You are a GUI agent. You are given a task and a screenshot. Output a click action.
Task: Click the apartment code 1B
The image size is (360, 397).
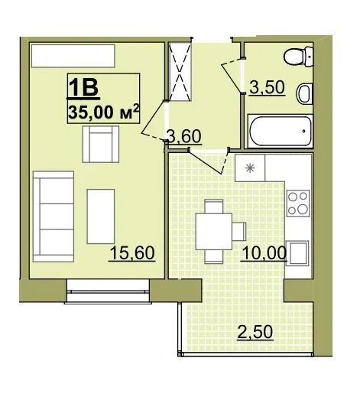tap(83, 87)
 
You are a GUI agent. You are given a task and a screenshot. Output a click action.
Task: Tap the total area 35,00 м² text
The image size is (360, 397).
tap(103, 112)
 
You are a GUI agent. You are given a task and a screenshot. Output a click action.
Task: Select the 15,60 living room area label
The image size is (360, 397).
tap(132, 252)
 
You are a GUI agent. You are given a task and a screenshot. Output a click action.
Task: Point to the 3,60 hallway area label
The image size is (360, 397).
tap(184, 136)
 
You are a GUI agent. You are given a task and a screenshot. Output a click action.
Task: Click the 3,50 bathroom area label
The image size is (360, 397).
tap(267, 87)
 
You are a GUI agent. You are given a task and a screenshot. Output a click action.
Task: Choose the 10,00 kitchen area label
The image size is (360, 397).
tap(264, 253)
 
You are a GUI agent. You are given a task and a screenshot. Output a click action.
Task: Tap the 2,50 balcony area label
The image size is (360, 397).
tap(255, 332)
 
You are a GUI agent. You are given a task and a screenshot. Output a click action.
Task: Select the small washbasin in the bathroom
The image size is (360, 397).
tap(304, 93)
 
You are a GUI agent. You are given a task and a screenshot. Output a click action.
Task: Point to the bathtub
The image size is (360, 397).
tap(281, 131)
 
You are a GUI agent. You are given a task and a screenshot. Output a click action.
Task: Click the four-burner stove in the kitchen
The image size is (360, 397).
tap(298, 203)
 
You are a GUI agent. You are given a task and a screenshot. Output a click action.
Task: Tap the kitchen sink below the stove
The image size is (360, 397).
tap(297, 253)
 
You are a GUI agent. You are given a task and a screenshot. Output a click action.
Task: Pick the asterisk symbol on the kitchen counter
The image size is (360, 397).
tap(250, 168)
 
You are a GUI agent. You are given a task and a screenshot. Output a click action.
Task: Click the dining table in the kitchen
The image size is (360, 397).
tap(214, 232)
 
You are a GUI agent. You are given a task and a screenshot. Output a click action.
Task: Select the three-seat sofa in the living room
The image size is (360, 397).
tap(54, 216)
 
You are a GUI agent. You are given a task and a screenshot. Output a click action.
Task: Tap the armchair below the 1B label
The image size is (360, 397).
tap(101, 144)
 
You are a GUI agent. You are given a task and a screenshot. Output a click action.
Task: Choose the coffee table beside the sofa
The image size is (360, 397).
tap(101, 216)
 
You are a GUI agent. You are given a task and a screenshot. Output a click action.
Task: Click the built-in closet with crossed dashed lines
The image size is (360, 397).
tap(180, 72)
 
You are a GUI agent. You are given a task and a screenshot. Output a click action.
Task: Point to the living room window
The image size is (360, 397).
tap(108, 291)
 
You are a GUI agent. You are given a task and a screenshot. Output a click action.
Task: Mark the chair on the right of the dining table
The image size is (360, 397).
tap(239, 232)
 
